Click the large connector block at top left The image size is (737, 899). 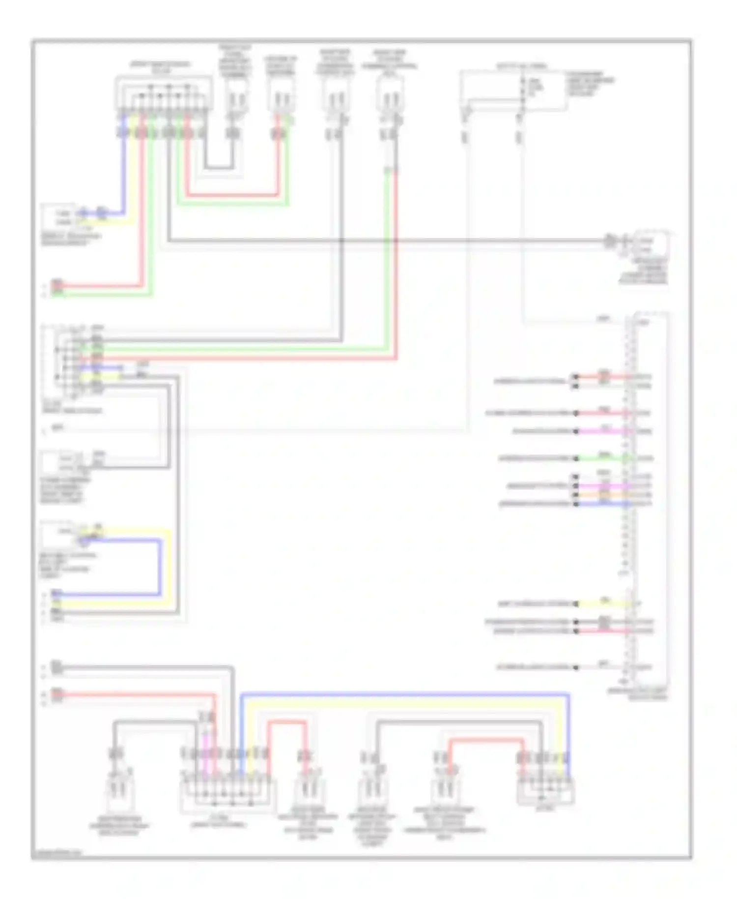click(164, 93)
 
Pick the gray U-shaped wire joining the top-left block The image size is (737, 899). click(219, 168)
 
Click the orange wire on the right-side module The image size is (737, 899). click(604, 495)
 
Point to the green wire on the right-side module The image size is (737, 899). click(604, 458)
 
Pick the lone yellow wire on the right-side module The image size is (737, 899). click(604, 603)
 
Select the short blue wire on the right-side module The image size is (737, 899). click(604, 504)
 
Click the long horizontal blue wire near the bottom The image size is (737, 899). click(403, 695)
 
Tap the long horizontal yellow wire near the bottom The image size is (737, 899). click(403, 705)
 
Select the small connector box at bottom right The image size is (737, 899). click(545, 789)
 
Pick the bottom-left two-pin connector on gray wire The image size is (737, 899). click(118, 792)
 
